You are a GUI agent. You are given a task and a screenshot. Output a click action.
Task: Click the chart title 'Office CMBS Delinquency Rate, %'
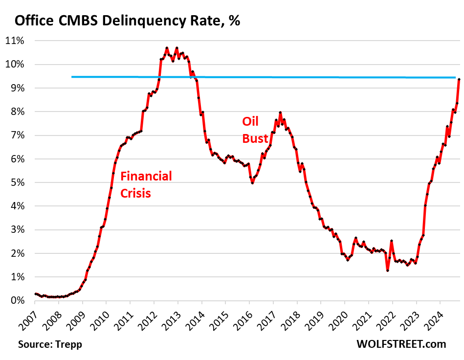[x=127, y=22]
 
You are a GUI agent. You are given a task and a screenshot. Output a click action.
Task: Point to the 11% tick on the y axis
[x=16, y=41]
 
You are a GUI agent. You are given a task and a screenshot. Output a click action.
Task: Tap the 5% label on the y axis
[x=18, y=182]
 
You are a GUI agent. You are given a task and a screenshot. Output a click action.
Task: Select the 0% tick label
[x=18, y=300]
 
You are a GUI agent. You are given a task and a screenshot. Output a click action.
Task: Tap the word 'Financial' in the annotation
[x=146, y=176]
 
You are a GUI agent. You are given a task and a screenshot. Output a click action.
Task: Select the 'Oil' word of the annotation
[x=250, y=121]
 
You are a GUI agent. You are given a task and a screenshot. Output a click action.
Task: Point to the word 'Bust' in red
[x=255, y=138]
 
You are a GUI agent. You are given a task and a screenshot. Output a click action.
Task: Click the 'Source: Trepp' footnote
[x=50, y=344]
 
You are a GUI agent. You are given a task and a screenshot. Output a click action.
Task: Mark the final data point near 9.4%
[x=459, y=79]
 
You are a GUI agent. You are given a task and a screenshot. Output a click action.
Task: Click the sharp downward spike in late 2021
[x=387, y=270]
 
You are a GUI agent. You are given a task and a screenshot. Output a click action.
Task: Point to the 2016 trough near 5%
[x=252, y=182]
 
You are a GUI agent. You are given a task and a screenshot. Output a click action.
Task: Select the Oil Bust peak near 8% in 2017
[x=280, y=112]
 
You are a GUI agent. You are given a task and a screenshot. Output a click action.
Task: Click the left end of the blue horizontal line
[x=72, y=77]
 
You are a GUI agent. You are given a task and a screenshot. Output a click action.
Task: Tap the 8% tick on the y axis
[x=18, y=112]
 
